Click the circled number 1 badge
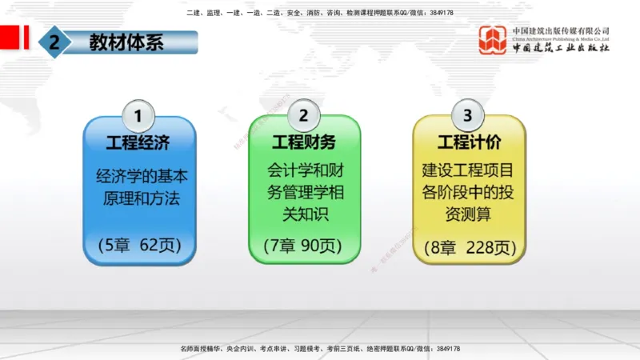tap(138, 115)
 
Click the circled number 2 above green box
tap(303, 115)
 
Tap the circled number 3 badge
tap(468, 115)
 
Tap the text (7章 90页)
tap(303, 245)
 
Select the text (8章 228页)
tap(468, 246)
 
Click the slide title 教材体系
tap(126, 42)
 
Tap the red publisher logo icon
tap(493, 40)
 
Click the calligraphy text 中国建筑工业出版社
tap(561, 48)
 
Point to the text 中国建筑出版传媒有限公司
tap(561, 30)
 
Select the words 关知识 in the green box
tap(303, 214)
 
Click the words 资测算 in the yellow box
tap(468, 214)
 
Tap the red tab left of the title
tap(11, 37)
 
